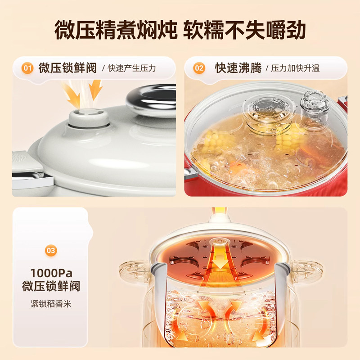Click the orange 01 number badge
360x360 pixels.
click(x=28, y=68)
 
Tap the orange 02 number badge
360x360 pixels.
click(x=199, y=68)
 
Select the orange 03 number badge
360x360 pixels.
click(x=51, y=250)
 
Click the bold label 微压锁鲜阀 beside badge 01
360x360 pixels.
click(x=67, y=68)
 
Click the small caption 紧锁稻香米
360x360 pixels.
click(x=51, y=304)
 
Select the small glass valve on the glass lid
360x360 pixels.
click(x=315, y=108)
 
